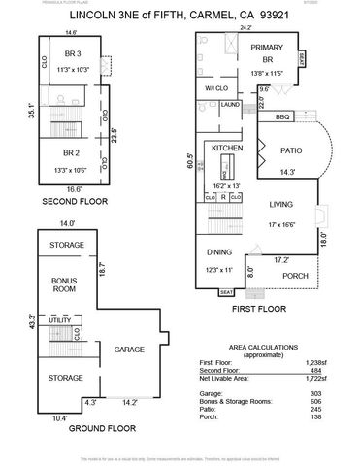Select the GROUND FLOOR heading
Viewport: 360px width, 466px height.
pyautogui.click(x=74, y=428)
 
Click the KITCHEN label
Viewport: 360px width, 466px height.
pyautogui.click(x=226, y=148)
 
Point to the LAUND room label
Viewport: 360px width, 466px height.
pyautogui.click(x=230, y=104)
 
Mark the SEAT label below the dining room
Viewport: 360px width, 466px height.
pyautogui.click(x=226, y=291)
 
